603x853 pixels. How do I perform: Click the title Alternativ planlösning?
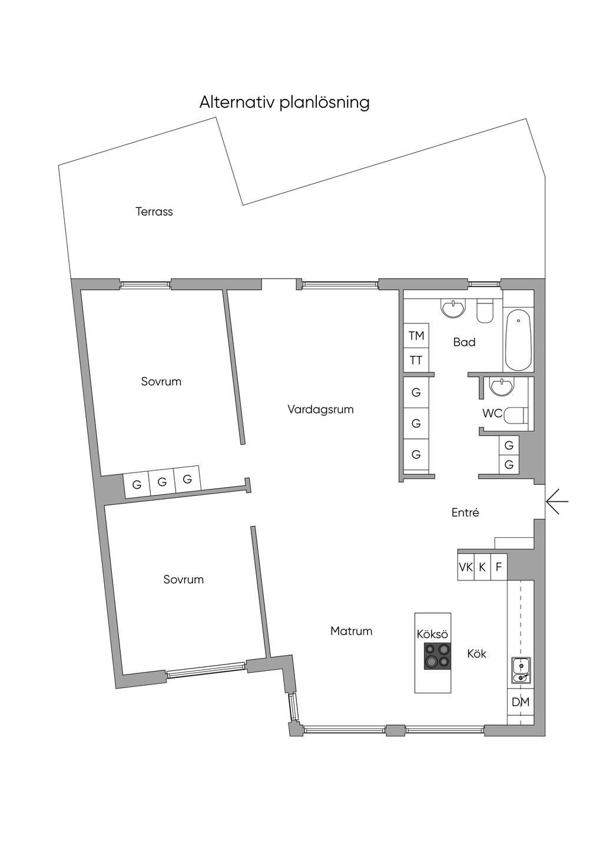(284, 103)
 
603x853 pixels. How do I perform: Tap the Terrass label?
(154, 211)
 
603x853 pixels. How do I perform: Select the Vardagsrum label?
(320, 409)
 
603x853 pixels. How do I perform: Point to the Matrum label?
(351, 631)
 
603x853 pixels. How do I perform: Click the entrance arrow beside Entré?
(557, 502)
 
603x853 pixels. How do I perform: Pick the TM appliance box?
(416, 336)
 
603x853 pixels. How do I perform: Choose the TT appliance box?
(416, 361)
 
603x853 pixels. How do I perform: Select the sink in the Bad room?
(453, 308)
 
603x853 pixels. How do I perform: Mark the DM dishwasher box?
(521, 702)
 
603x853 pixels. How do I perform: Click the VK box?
(466, 567)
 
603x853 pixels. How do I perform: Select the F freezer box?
(499, 567)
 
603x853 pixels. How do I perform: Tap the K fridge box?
(482, 567)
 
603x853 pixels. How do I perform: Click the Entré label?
(465, 513)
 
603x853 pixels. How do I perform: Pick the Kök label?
(476, 653)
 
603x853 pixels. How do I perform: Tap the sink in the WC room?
(502, 386)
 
